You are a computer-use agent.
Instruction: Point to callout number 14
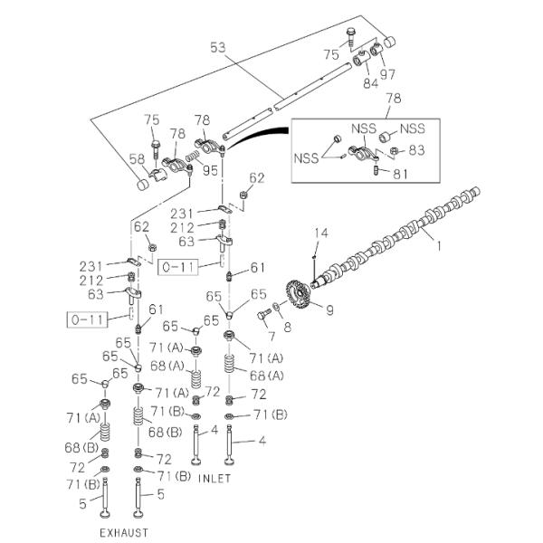[x=318, y=235]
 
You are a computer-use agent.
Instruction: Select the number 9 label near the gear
[x=329, y=310]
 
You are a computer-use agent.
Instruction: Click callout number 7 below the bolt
[x=270, y=337]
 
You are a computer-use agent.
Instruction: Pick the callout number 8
[x=288, y=328]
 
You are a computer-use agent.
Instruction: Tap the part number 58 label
[x=137, y=159]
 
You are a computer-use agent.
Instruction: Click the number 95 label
[x=210, y=169]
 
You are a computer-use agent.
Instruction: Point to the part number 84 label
[x=369, y=85]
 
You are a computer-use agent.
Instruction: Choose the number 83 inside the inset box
[x=416, y=150]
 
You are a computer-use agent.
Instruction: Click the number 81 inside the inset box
[x=398, y=175]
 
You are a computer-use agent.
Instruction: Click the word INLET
[x=214, y=478]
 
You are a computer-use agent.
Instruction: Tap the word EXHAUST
[x=123, y=532]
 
